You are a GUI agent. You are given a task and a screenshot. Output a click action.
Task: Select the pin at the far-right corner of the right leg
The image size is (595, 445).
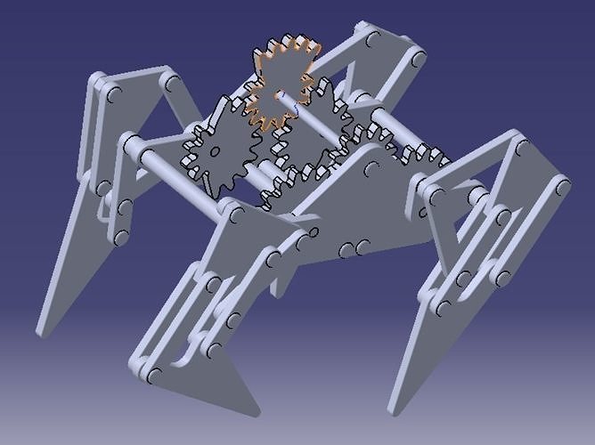point(562,188)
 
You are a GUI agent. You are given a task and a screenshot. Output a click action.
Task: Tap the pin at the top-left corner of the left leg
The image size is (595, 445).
point(112,93)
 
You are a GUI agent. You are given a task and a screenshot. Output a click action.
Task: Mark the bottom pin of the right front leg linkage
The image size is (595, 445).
point(443,307)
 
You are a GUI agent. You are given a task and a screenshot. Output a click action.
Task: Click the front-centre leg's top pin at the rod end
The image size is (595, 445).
point(233,212)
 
